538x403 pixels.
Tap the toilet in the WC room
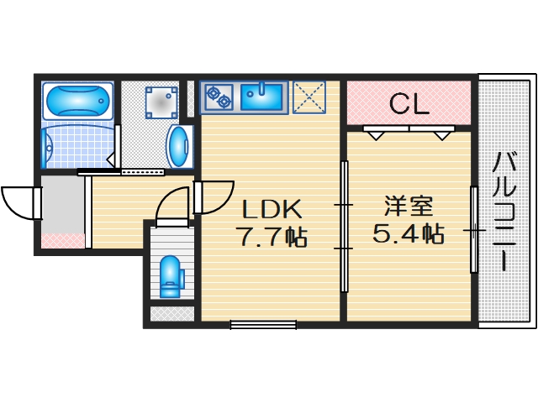click(171, 275)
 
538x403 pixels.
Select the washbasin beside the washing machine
click(180, 148)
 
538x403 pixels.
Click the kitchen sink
click(264, 96)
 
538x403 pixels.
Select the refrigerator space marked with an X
click(309, 97)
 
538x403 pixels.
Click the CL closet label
click(409, 104)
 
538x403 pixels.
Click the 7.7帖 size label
click(272, 238)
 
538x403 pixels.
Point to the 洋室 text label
click(409, 206)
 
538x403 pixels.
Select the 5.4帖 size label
click(409, 234)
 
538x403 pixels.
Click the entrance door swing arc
click(18, 202)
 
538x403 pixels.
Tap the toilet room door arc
click(172, 205)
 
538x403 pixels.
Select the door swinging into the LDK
click(210, 197)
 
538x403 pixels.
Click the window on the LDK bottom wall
click(263, 323)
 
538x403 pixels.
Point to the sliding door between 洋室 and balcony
click(474, 228)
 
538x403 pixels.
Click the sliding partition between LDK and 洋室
click(344, 227)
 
